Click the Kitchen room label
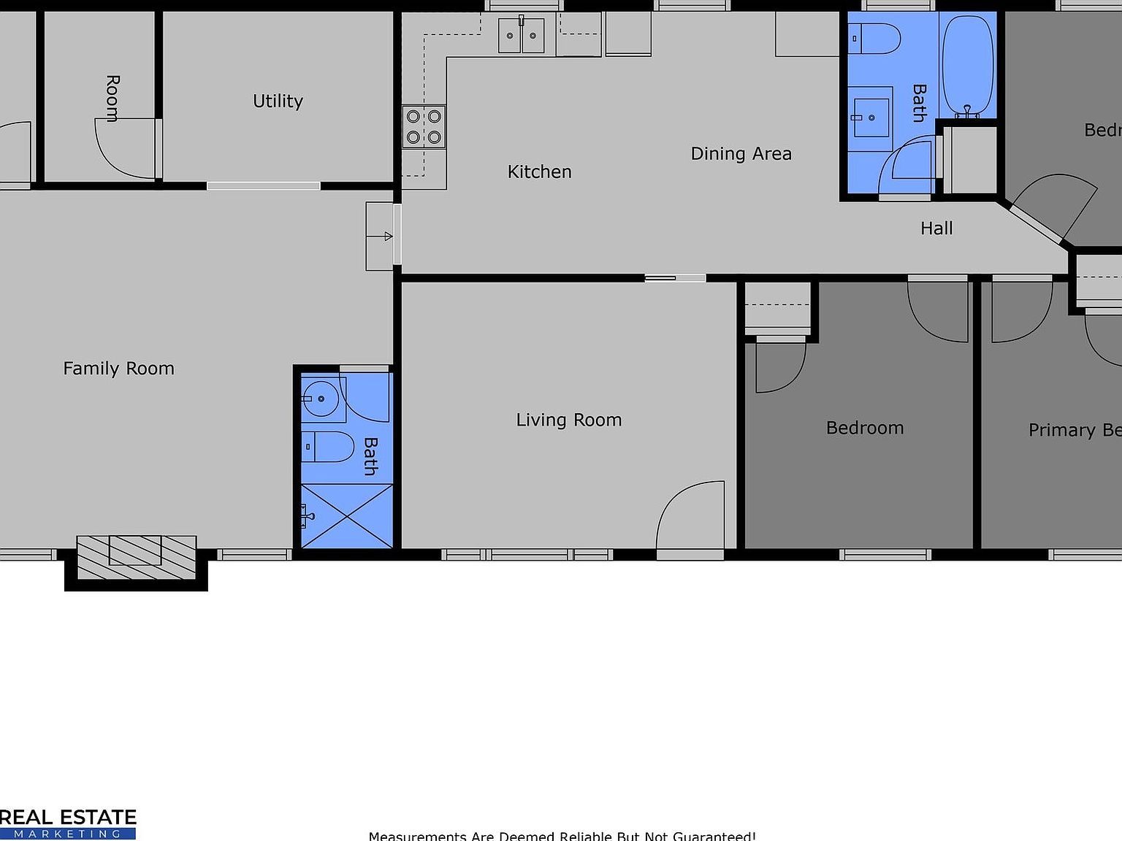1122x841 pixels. pyautogui.click(x=539, y=172)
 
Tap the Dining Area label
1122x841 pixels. pyautogui.click(x=741, y=153)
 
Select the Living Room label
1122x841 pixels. pyautogui.click(x=568, y=420)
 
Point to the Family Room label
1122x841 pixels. pyautogui.click(x=118, y=368)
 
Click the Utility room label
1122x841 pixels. pyautogui.click(x=278, y=101)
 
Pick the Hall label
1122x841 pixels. pyautogui.click(x=936, y=229)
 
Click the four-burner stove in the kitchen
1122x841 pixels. pyautogui.click(x=424, y=127)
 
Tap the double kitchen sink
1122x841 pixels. pyautogui.click(x=521, y=36)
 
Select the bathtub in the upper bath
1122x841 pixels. pyautogui.click(x=968, y=66)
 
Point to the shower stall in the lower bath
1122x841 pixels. pyautogui.click(x=347, y=515)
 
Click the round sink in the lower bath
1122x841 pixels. pyautogui.click(x=321, y=399)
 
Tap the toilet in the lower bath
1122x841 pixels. pyautogui.click(x=328, y=446)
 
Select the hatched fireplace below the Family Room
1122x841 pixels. pyautogui.click(x=136, y=558)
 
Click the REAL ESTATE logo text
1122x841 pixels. pyautogui.click(x=68, y=818)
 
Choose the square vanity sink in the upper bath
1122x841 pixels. pyautogui.click(x=870, y=117)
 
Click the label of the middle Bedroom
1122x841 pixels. pyautogui.click(x=864, y=428)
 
